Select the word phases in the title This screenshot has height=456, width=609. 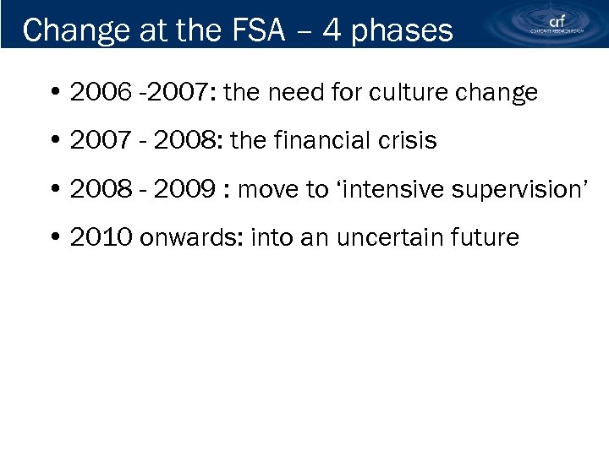[402, 31]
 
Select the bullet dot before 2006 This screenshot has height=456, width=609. [54, 93]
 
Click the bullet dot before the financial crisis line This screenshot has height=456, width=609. [54, 141]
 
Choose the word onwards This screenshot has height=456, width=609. [175, 237]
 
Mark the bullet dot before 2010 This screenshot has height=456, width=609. [54, 238]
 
